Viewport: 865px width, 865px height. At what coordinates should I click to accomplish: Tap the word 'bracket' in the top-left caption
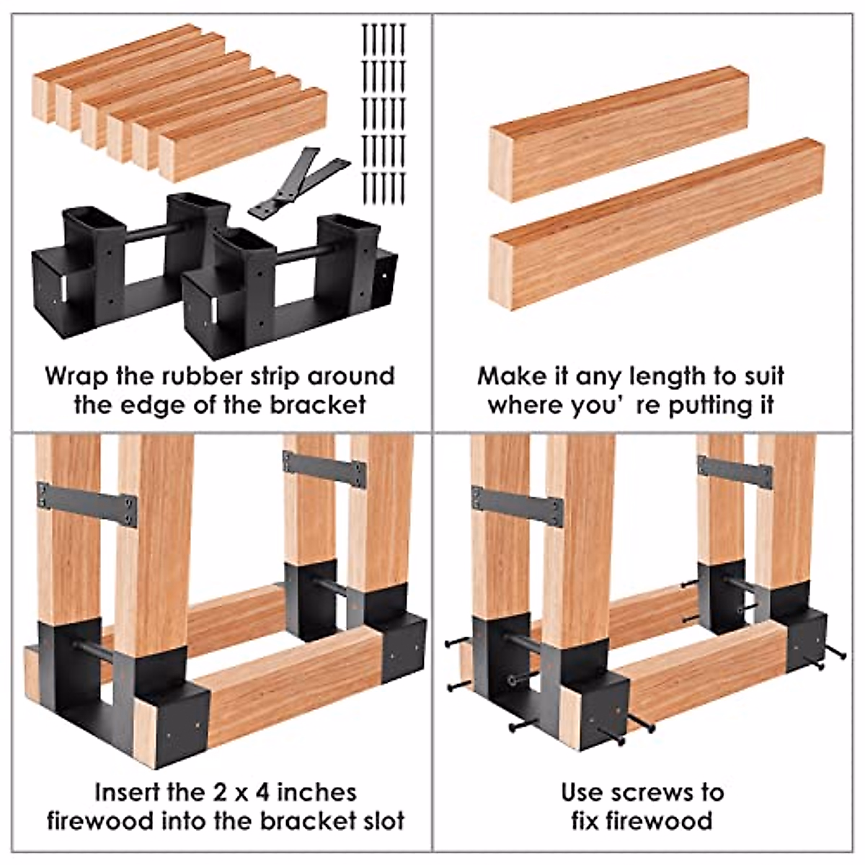pyautogui.click(x=318, y=404)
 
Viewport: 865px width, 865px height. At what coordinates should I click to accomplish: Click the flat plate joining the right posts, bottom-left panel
pyautogui.click(x=324, y=469)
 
